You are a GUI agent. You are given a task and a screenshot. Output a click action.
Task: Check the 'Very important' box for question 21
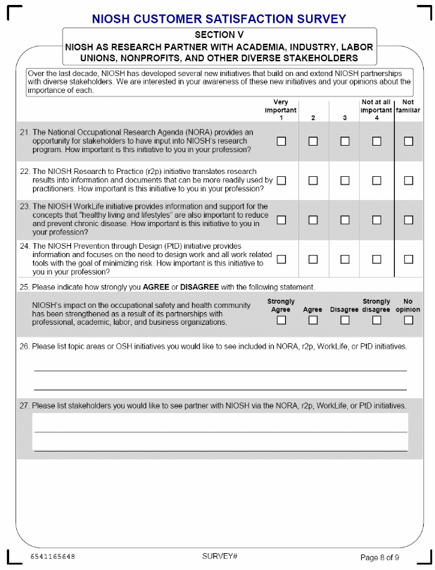coord(282,142)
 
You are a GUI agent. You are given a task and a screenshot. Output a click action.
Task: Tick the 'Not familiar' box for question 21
coord(408,142)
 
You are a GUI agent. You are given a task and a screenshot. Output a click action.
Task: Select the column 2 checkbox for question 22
coord(313,180)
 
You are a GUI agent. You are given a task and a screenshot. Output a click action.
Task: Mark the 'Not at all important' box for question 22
coord(377,180)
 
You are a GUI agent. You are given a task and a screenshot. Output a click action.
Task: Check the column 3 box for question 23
coord(345,220)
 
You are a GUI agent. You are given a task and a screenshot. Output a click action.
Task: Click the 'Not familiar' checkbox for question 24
coord(408,259)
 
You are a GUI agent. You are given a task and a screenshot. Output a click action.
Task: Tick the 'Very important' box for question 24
coord(282,259)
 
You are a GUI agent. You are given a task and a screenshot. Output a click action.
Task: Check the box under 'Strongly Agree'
coord(282,321)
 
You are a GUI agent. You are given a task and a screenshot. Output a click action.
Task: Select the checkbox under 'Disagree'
coord(345,321)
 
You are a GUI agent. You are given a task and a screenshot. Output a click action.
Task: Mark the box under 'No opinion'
coord(408,321)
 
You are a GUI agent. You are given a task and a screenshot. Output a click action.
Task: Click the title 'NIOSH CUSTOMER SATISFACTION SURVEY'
coord(219,18)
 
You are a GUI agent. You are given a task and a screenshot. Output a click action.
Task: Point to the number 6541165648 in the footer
coord(53,557)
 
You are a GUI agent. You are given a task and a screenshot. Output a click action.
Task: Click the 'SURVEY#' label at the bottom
coord(220,557)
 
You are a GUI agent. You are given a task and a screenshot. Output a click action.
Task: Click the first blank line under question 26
coord(220,370)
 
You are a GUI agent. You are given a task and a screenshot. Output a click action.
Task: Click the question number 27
coord(25,406)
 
